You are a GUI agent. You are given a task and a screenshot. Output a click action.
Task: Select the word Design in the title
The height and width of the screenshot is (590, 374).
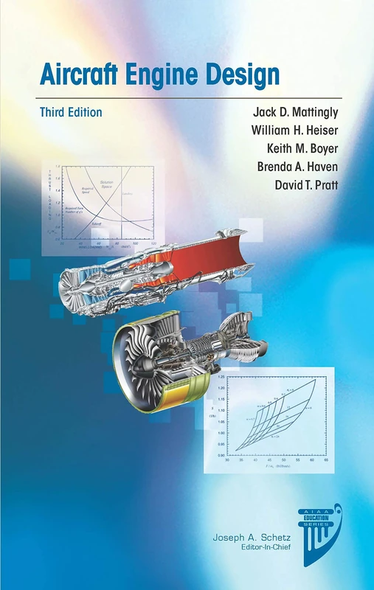pos(244,74)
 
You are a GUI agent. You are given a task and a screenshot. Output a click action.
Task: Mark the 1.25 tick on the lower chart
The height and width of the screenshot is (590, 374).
pos(221,377)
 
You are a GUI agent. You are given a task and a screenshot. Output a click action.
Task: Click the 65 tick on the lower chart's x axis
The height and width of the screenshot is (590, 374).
pos(325,461)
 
